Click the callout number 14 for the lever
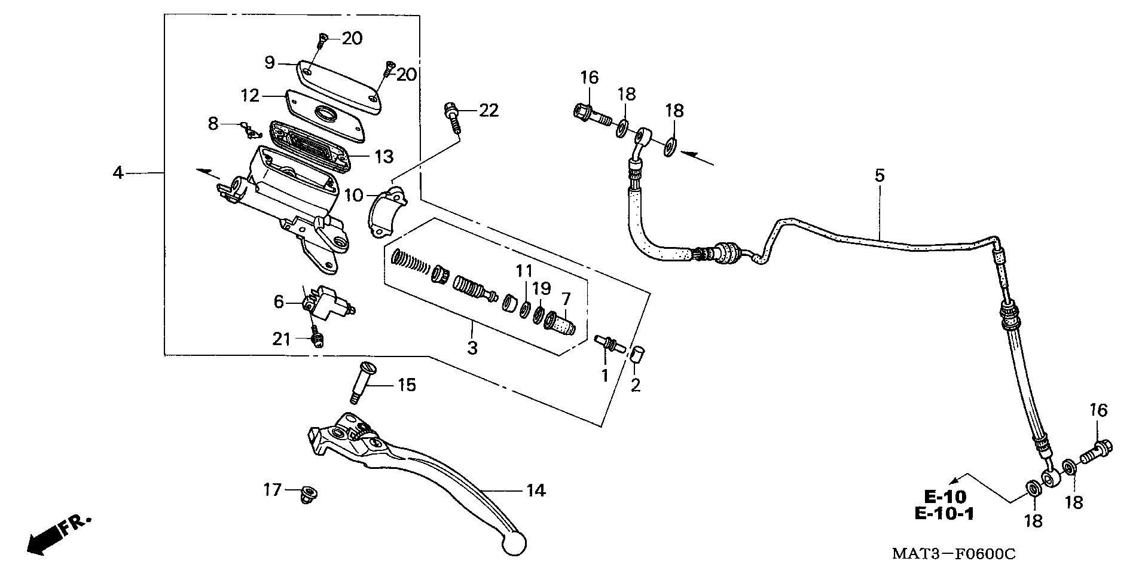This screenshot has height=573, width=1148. (536, 491)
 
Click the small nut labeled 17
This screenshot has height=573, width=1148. (309, 493)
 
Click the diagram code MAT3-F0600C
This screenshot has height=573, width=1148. (954, 554)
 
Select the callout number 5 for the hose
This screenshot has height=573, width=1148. (879, 176)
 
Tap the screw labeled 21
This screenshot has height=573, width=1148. (317, 339)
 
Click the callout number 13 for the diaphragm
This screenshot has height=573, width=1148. (384, 157)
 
